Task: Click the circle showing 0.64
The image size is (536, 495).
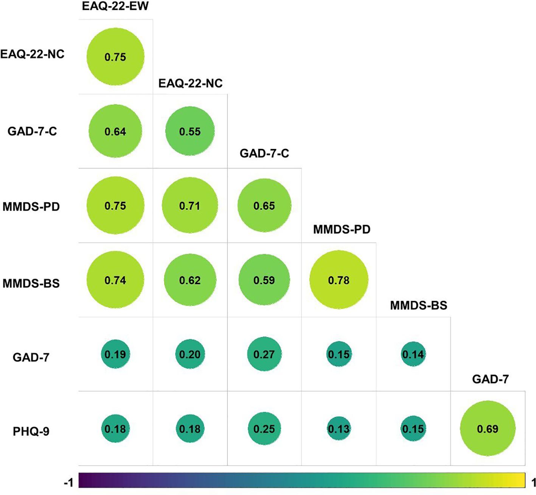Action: (115, 131)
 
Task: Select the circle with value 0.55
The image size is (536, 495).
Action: (190, 131)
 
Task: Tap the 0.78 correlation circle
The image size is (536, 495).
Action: (339, 280)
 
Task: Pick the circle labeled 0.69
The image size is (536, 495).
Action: (488, 428)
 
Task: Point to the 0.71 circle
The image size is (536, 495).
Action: (190, 206)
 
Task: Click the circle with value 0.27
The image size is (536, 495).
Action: (264, 354)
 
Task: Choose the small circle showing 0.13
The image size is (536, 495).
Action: (339, 428)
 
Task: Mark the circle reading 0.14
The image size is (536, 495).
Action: (413, 354)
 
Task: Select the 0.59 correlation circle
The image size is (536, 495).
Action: (264, 280)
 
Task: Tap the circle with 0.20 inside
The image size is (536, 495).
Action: (190, 354)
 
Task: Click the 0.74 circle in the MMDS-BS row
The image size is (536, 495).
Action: (115, 280)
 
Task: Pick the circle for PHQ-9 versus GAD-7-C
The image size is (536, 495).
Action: (264, 428)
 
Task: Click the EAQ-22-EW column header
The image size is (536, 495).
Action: (115, 6)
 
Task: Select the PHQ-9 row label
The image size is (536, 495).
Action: (31, 431)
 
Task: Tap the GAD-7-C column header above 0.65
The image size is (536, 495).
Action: (264, 153)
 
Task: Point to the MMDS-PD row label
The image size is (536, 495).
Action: (31, 207)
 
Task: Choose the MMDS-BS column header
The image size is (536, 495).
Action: (418, 305)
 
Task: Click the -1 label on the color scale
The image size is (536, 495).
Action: (68, 483)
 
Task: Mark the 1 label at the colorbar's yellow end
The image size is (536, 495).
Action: (533, 483)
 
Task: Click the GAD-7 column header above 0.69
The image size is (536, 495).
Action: (490, 379)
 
